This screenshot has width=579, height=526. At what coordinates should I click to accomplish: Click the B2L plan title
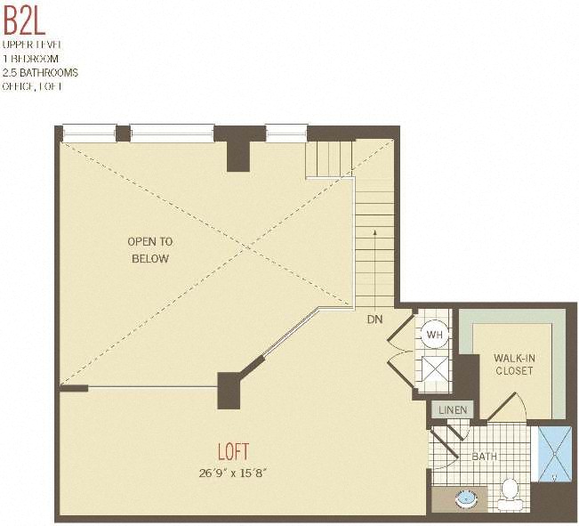tap(24, 19)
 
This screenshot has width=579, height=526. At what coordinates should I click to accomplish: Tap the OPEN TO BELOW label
tap(150, 249)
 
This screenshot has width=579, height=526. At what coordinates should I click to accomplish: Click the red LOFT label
tap(233, 451)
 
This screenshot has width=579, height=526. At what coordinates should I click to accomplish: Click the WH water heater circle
tap(434, 335)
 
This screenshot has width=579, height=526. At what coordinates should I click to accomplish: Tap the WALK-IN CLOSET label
tap(514, 364)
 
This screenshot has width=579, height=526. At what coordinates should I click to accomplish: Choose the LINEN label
tap(453, 409)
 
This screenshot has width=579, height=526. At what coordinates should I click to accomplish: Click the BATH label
tap(485, 457)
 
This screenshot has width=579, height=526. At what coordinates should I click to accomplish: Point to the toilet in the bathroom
tap(510, 490)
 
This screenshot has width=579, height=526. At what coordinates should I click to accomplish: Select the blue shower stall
tap(555, 455)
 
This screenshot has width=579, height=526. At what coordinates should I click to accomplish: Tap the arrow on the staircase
tap(374, 234)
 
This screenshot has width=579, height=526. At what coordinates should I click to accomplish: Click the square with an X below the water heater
tap(435, 368)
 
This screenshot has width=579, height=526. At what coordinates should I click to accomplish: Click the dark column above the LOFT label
tap(230, 389)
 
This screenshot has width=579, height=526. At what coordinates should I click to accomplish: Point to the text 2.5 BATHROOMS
tap(40, 72)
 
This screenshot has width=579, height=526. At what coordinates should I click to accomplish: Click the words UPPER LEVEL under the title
tap(32, 44)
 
